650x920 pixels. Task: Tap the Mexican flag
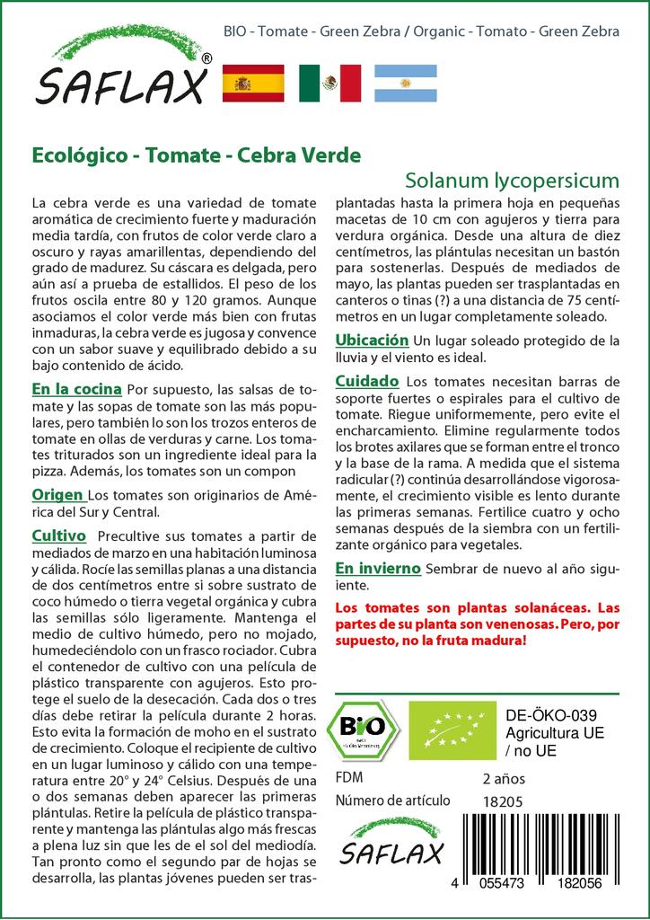click(329, 83)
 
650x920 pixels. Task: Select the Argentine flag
click(406, 83)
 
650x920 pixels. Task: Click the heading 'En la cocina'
click(76, 390)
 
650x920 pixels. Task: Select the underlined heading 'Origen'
click(58, 495)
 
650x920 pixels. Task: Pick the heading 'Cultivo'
click(58, 536)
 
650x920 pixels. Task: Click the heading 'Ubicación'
click(372, 340)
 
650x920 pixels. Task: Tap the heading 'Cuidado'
click(366, 382)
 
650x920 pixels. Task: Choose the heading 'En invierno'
click(377, 569)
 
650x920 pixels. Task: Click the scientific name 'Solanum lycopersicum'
click(511, 178)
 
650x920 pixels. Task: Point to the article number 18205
click(502, 801)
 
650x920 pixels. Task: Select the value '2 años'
click(504, 778)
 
